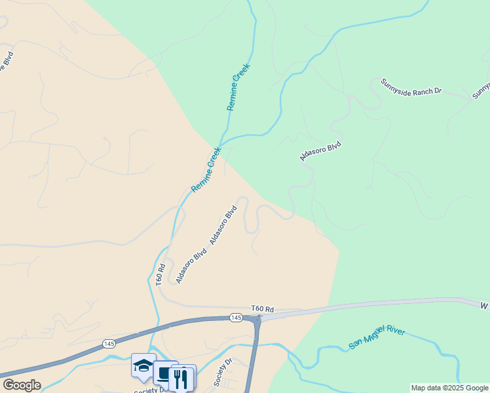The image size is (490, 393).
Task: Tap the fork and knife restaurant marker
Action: click(181, 378)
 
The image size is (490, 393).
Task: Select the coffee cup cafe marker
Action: click(165, 373)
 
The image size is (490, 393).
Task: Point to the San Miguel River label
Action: click(377, 335)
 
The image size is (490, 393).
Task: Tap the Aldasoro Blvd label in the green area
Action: click(321, 151)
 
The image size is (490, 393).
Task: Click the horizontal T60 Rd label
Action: click(261, 309)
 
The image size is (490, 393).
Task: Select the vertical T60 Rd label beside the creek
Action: click(160, 273)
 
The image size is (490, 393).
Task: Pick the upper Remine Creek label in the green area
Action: click(238, 86)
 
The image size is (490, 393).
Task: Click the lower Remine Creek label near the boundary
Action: click(206, 170)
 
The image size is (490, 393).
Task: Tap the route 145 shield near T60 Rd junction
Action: click(237, 318)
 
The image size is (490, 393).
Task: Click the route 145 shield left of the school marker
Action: click(109, 344)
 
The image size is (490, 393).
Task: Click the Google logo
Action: click(22, 385)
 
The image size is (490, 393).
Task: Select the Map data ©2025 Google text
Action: click(449, 388)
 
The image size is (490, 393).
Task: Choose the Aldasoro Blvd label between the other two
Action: click(223, 226)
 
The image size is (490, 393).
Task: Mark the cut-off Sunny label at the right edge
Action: click(481, 90)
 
